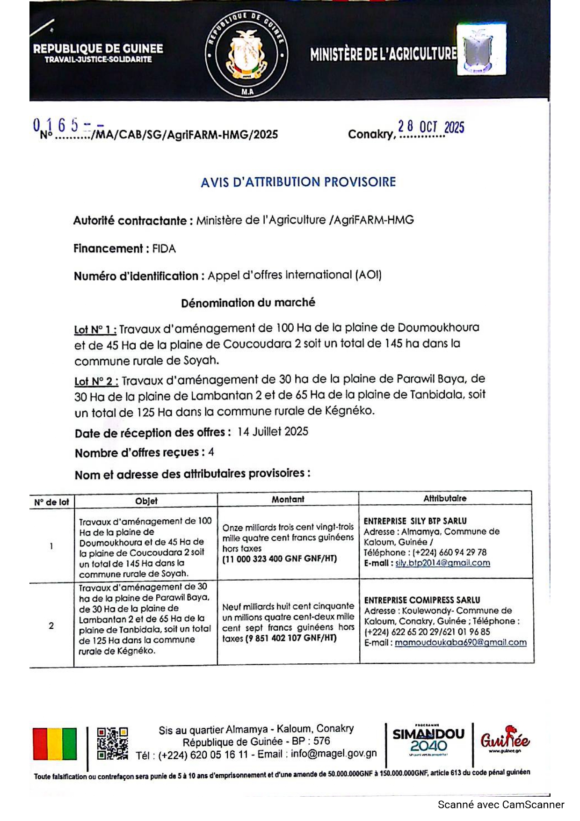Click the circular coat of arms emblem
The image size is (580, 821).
tap(246, 55)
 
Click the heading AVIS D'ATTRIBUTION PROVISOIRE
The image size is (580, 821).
tap(298, 182)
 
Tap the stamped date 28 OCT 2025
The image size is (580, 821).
tap(431, 127)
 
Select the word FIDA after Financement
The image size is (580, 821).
tap(164, 249)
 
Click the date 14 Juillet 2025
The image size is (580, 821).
tap(273, 431)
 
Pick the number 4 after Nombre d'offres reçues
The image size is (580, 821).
tap(211, 452)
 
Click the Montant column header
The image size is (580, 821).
tap(288, 499)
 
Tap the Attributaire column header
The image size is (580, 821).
tap(445, 498)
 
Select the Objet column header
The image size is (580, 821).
tap(146, 501)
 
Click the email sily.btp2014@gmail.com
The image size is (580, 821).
tap(442, 563)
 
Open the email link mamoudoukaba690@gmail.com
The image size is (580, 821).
tap(460, 642)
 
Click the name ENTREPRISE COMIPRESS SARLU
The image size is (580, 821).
tap(422, 600)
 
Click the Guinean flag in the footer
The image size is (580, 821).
tap(55, 743)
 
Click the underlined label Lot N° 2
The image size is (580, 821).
tap(96, 381)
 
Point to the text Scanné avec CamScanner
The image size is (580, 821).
tap(500, 805)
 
